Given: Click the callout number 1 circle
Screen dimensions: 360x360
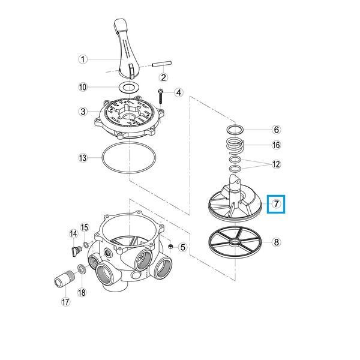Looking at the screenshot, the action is [x=83, y=59].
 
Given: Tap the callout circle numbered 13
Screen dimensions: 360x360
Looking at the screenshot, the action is [x=83, y=158].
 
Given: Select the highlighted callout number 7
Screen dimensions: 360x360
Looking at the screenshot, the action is [x=276, y=204].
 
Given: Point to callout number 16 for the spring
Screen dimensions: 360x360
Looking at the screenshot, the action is [x=277, y=145].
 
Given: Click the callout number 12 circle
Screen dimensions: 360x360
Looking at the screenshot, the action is [x=277, y=164].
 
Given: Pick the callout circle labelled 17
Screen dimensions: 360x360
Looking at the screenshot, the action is [x=65, y=302].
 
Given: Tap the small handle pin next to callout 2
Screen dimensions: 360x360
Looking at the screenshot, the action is [x=162, y=64].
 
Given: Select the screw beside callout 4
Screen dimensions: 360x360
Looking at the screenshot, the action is [x=160, y=97].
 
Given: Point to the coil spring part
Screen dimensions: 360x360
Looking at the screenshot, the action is [x=235, y=146].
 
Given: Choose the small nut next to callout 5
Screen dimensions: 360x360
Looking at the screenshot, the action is [x=170, y=247].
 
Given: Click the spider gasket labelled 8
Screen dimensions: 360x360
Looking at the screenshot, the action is [x=234, y=242].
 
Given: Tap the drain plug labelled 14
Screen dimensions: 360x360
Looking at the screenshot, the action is [x=76, y=251].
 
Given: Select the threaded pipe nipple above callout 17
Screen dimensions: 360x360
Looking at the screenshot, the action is [x=64, y=278].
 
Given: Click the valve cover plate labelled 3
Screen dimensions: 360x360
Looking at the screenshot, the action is [x=130, y=118].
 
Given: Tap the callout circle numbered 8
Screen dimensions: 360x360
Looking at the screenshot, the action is [x=276, y=242].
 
